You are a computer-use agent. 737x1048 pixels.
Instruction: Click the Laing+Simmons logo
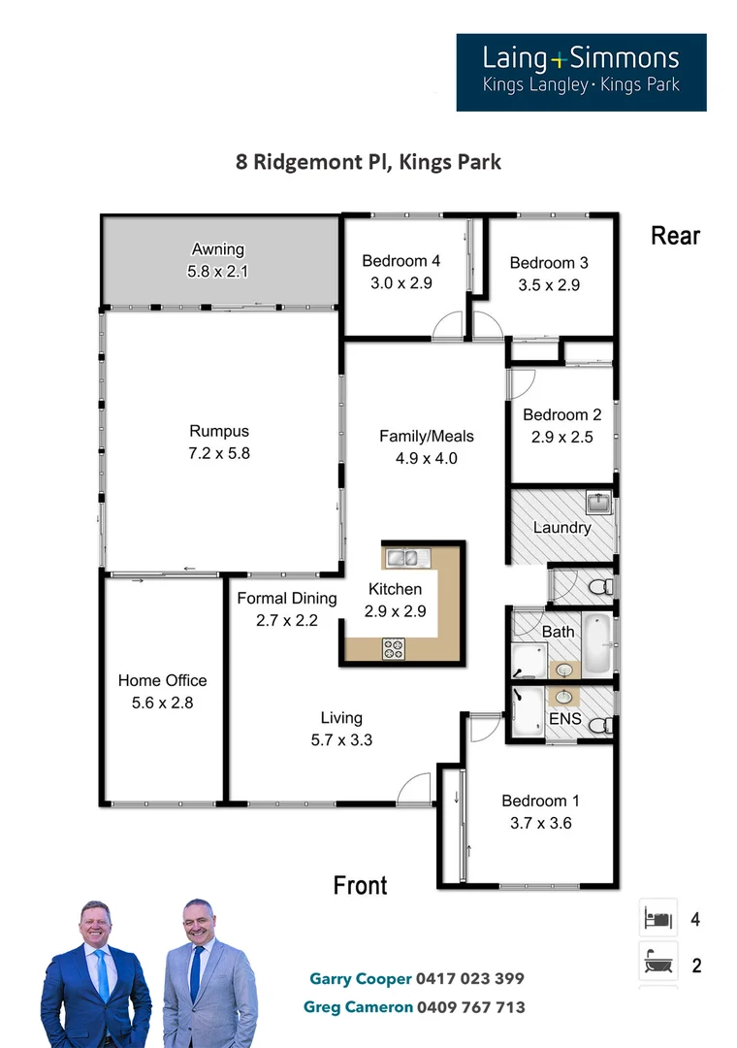pyautogui.click(x=581, y=72)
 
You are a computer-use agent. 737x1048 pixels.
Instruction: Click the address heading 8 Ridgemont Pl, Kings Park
pyautogui.click(x=368, y=161)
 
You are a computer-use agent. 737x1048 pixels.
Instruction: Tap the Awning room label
pyautogui.click(x=217, y=249)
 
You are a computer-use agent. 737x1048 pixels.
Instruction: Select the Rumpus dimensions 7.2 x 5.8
pyautogui.click(x=219, y=452)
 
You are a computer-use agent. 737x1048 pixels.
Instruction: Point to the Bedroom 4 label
pyautogui.click(x=401, y=261)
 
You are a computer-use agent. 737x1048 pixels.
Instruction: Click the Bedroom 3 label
pyautogui.click(x=549, y=263)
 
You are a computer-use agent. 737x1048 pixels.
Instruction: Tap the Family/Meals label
pyautogui.click(x=426, y=437)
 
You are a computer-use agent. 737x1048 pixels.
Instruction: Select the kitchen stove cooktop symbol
pyautogui.click(x=395, y=649)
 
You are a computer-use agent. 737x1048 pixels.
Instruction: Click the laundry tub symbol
pyautogui.click(x=596, y=503)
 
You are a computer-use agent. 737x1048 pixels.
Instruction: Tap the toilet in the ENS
pyautogui.click(x=601, y=723)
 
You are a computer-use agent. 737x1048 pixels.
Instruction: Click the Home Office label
pyautogui.click(x=162, y=681)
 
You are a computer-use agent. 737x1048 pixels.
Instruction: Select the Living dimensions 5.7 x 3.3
pyautogui.click(x=340, y=739)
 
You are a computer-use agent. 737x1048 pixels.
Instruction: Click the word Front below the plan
pyautogui.click(x=360, y=885)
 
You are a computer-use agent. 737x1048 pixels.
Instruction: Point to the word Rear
pyautogui.click(x=675, y=236)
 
